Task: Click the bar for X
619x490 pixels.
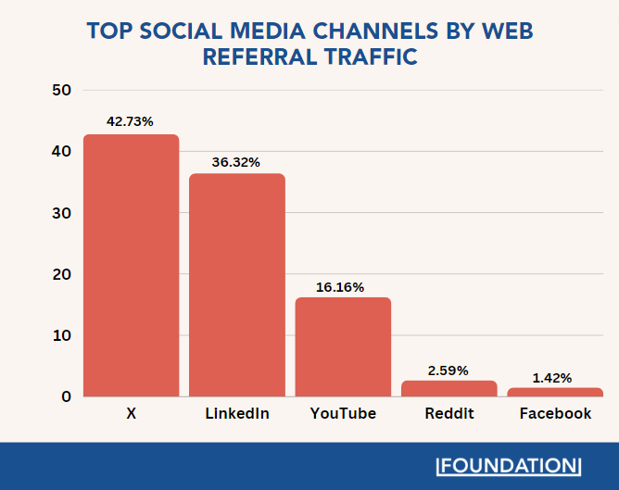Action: coord(131,266)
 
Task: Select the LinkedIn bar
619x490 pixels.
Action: coord(236,285)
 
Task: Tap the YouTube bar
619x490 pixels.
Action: coord(343,346)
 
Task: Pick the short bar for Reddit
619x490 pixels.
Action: coord(448,388)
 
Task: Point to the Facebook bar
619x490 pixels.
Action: coord(555,392)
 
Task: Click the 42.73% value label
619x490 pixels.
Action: coord(131,121)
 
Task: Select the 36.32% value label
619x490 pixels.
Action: coord(236,160)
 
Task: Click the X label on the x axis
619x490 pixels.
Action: coord(131,414)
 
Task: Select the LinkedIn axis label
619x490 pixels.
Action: coord(236,414)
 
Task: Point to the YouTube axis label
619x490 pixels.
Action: coord(343,414)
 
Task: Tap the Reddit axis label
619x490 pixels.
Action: coord(448,414)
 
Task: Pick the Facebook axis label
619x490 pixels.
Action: coord(555,414)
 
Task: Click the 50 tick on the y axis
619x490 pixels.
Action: coord(62,91)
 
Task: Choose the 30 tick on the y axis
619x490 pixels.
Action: coord(62,213)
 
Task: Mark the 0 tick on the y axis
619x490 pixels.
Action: coord(67,396)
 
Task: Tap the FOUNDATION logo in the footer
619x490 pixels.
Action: coord(509,465)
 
